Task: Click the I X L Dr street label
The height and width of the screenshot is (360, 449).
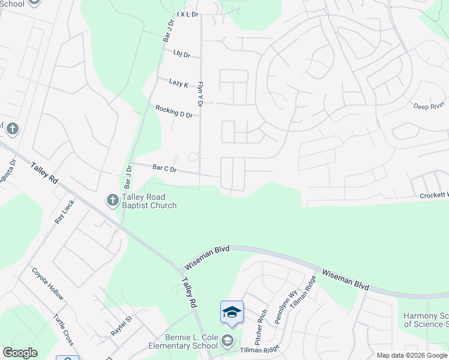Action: coord(187,14)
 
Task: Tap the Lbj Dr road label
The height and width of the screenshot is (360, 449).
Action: coord(181,55)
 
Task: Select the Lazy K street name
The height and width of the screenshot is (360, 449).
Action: coord(178,83)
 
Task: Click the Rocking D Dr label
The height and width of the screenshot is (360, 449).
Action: coord(173,111)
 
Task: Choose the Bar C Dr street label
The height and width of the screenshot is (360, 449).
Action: coord(164,169)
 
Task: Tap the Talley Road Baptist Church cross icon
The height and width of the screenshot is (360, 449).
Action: coord(112,200)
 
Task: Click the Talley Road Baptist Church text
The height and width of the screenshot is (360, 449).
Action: coord(149,201)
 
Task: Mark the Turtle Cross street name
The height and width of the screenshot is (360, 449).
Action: coord(63,329)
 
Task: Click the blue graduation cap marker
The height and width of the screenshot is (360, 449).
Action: coord(232,312)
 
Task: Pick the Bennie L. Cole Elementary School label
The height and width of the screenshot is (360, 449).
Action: coord(182,341)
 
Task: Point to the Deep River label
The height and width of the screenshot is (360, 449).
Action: coord(429,106)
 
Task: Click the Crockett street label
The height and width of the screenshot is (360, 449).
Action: coord(433,196)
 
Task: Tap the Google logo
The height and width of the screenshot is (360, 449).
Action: coord(20,353)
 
